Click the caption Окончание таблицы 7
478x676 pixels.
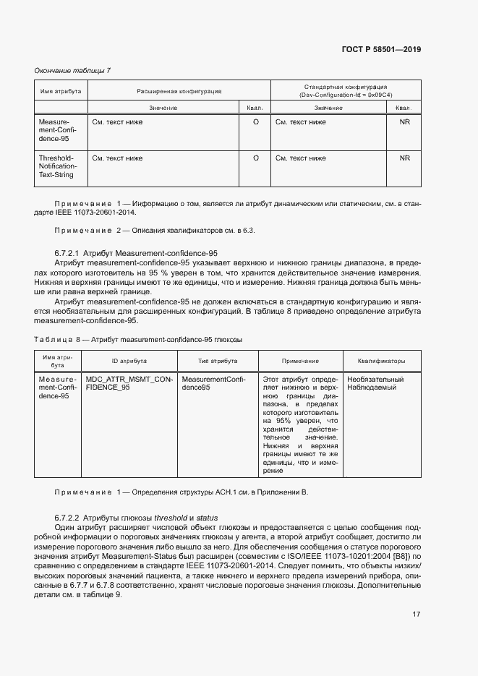[x=73, y=70]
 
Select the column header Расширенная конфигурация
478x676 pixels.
[x=179, y=92]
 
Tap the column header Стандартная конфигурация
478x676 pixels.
[x=344, y=91]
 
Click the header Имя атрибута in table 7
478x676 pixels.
[x=61, y=92]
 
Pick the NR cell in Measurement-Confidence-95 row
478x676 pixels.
[x=404, y=122]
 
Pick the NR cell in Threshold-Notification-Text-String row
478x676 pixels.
[x=404, y=158]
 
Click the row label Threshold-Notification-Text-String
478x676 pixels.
[x=57, y=166]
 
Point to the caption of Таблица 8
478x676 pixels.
[x=138, y=339]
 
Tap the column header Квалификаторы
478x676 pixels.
[x=381, y=360]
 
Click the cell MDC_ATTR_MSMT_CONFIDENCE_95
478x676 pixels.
[x=129, y=383]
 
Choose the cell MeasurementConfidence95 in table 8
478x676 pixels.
[x=214, y=383]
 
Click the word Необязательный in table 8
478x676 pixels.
[x=375, y=379]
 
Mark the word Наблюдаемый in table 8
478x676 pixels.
[x=372, y=388]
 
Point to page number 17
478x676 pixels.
[x=416, y=614]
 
